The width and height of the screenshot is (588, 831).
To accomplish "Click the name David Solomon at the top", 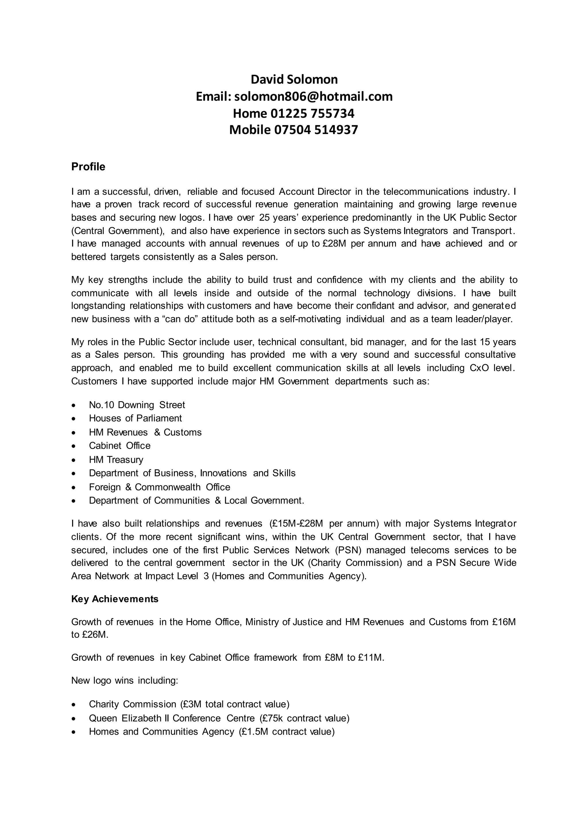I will pos(294,79).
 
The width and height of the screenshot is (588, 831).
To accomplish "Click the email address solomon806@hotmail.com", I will pos(313,96).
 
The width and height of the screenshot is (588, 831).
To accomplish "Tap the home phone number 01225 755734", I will pos(312,113).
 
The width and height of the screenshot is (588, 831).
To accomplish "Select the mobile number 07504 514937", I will pos(316,130).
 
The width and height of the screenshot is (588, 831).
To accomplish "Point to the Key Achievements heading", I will pos(115,599).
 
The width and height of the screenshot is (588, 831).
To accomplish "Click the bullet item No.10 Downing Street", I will pos(137,405).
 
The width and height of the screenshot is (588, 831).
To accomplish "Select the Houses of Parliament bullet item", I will pos(136,418).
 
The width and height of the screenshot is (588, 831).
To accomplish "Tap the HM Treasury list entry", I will pos(116,460).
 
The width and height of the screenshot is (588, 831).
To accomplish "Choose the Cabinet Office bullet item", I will pos(119,446).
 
